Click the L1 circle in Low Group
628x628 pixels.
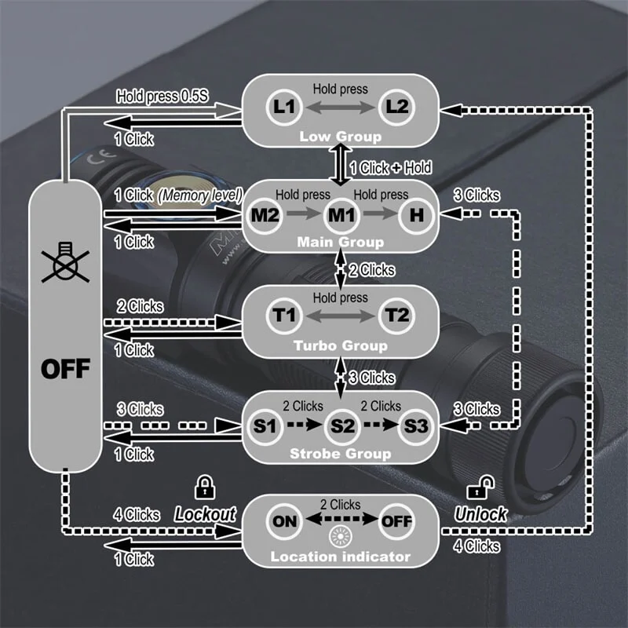(x=283, y=107)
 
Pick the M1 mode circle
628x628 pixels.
(x=340, y=214)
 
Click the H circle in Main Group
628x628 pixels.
(x=416, y=214)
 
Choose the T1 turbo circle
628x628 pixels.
(x=283, y=316)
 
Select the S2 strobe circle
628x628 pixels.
(x=340, y=427)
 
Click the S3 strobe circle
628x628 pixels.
(x=416, y=427)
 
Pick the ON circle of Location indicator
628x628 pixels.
(x=284, y=522)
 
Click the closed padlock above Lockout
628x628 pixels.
(x=205, y=487)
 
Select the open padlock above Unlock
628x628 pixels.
(x=477, y=489)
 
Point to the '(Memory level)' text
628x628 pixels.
(x=199, y=195)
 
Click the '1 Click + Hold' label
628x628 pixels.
(x=390, y=167)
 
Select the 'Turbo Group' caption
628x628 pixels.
(x=340, y=346)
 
